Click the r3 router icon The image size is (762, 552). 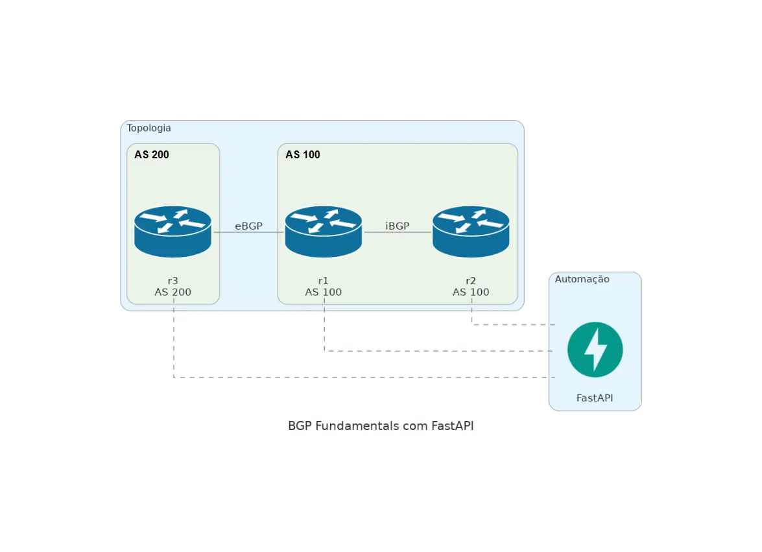point(173,232)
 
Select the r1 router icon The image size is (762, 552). point(323,232)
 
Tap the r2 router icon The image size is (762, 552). point(471,232)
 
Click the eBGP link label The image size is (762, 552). point(248,226)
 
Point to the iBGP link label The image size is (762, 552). point(398,226)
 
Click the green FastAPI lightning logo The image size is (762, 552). point(595,350)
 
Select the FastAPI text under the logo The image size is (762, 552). point(595,398)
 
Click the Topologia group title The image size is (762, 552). point(149,128)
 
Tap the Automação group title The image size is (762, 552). point(582,279)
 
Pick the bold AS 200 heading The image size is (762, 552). point(152,154)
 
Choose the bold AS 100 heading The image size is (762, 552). point(303,154)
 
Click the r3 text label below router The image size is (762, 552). point(173,280)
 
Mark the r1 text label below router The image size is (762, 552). point(323,280)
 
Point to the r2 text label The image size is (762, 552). point(471,280)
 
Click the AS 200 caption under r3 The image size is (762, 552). point(173,292)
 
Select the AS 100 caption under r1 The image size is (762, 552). point(323,292)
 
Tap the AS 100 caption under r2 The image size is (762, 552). point(471,292)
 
